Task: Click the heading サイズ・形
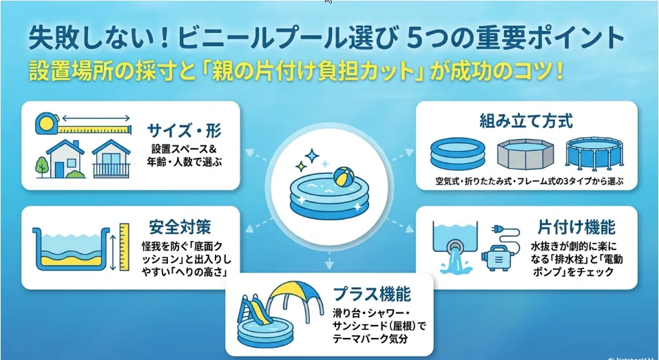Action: pyautogui.click(x=184, y=131)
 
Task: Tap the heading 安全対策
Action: pyautogui.click(x=180, y=227)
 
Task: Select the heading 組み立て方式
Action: pyautogui.click(x=526, y=121)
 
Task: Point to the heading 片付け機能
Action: pyautogui.click(x=576, y=227)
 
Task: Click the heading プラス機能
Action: pyautogui.click(x=372, y=294)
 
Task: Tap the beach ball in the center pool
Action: pyautogui.click(x=344, y=177)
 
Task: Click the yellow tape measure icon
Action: pyautogui.click(x=83, y=125)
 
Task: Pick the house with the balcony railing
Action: pyautogui.click(x=111, y=159)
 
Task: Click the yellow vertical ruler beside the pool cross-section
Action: pyautogui.click(x=125, y=247)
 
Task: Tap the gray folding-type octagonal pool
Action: pyautogui.click(x=525, y=154)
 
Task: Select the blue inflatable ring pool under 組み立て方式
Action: pyautogui.click(x=458, y=153)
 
